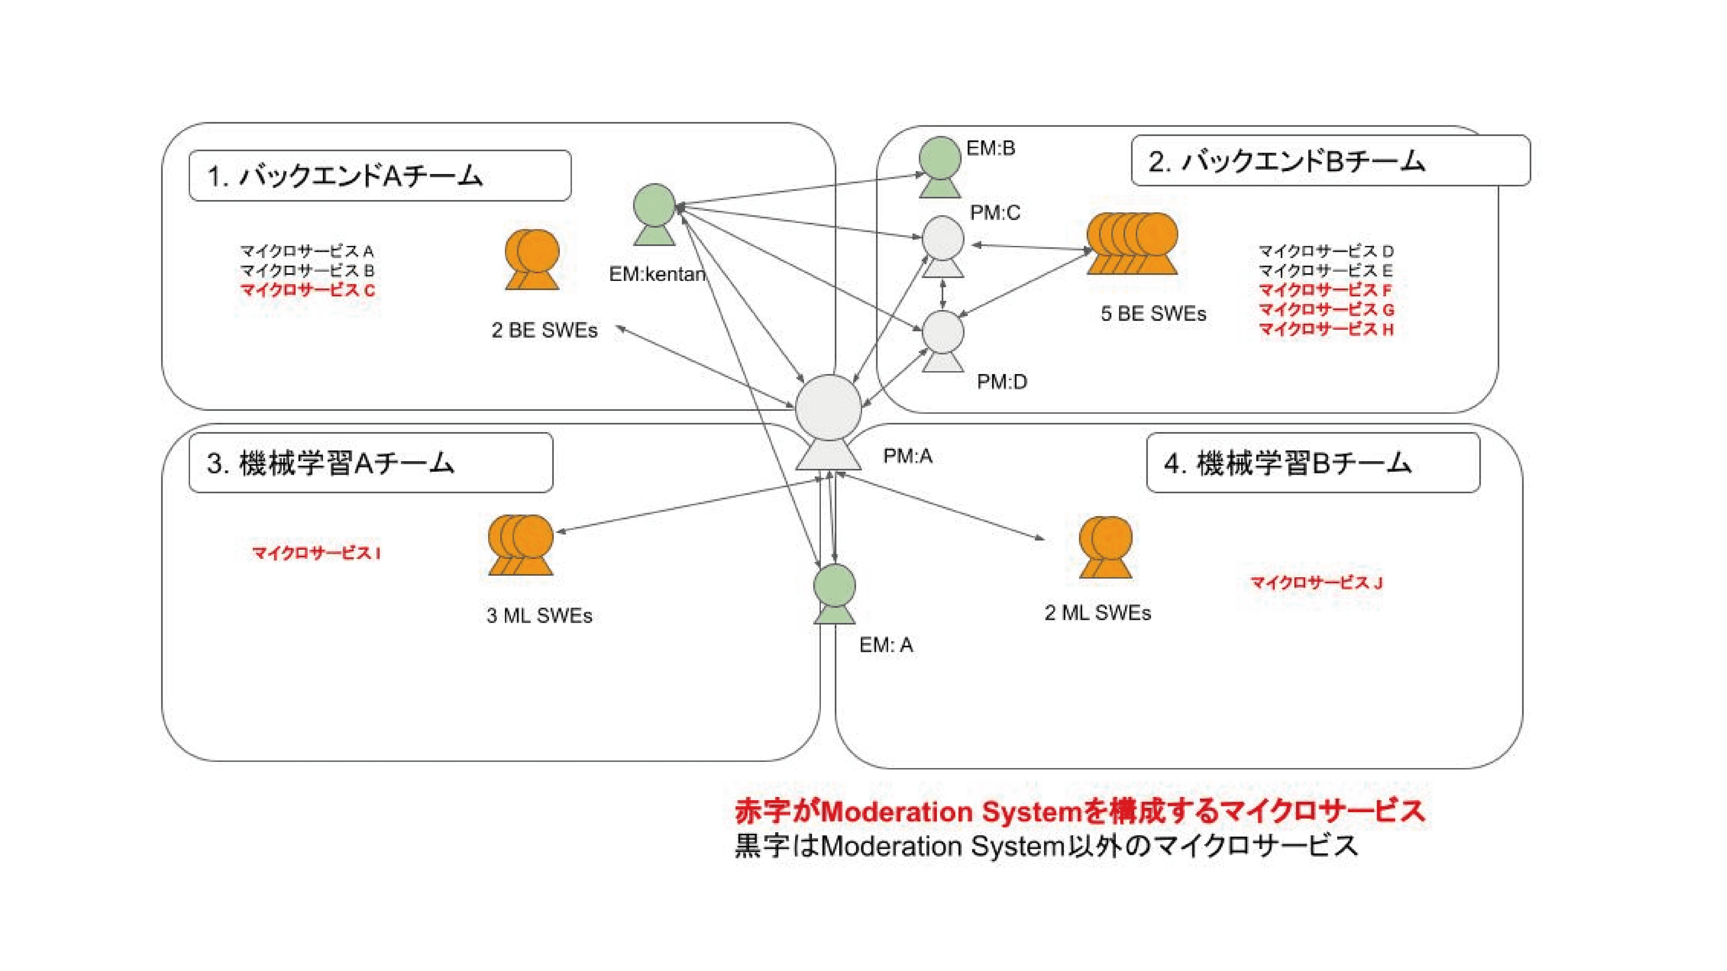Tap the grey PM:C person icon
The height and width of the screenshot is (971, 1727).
943,246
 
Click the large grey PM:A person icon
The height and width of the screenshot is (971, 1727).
828,422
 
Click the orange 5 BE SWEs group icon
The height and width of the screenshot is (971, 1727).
1132,244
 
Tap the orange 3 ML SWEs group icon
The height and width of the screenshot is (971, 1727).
521,545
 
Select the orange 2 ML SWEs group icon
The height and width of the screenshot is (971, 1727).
1105,547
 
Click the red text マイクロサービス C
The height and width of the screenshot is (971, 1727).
308,290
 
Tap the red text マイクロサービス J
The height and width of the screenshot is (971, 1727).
1316,582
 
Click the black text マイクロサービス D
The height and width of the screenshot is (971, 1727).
1326,251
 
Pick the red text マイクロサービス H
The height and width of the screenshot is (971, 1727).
1326,329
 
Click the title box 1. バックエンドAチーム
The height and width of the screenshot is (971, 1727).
380,176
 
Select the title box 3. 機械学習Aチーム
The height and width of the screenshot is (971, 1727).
371,463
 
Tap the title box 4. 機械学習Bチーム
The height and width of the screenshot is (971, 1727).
1313,463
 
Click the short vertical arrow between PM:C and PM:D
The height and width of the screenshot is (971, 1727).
943,294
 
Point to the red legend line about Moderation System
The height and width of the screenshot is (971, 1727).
1079,811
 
